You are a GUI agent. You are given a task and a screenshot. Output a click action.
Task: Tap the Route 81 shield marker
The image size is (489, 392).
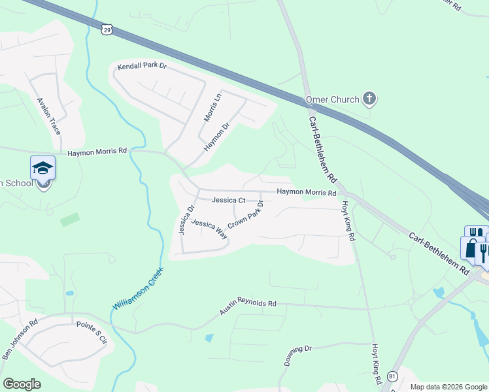pos(392,376)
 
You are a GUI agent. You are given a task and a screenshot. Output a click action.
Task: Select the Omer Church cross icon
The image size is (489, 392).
pos(369,99)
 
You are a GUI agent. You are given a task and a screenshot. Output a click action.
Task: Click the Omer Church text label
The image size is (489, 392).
pos(333,100)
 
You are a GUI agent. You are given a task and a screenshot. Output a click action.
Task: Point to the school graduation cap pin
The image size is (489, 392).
pos(43,169)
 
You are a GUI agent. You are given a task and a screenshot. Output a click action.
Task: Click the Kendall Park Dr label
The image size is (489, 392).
pos(142,67)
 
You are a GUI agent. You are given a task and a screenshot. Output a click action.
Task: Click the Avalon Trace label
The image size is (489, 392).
pos(49,116)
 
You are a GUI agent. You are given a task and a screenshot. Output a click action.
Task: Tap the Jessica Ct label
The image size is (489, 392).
pos(228,200)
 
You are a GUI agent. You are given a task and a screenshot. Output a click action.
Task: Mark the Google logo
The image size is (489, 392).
pos(22,384)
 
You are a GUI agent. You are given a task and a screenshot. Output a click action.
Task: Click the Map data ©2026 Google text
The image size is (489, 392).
pos(448,387)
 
